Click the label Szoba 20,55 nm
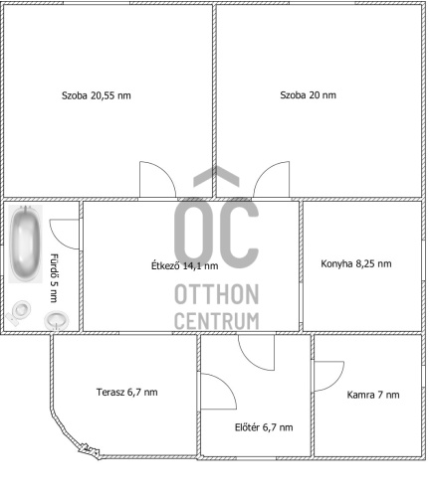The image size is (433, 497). click(x=97, y=95)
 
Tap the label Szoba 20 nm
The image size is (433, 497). click(x=308, y=95)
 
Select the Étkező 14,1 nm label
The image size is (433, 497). click(x=185, y=265)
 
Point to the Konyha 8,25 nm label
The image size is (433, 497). click(x=356, y=263)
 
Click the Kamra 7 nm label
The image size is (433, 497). click(x=373, y=395)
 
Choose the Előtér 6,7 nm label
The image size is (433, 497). click(x=264, y=427)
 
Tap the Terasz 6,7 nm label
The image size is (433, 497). click(x=126, y=393)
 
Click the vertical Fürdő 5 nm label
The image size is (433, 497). click(x=54, y=278)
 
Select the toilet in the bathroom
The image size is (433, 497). click(x=19, y=313)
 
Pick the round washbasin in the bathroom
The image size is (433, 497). click(x=57, y=320)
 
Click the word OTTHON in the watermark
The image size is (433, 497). click(x=216, y=294)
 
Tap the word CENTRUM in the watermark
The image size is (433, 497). click(x=216, y=321)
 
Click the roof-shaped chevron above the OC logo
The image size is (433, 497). click(x=216, y=175)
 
